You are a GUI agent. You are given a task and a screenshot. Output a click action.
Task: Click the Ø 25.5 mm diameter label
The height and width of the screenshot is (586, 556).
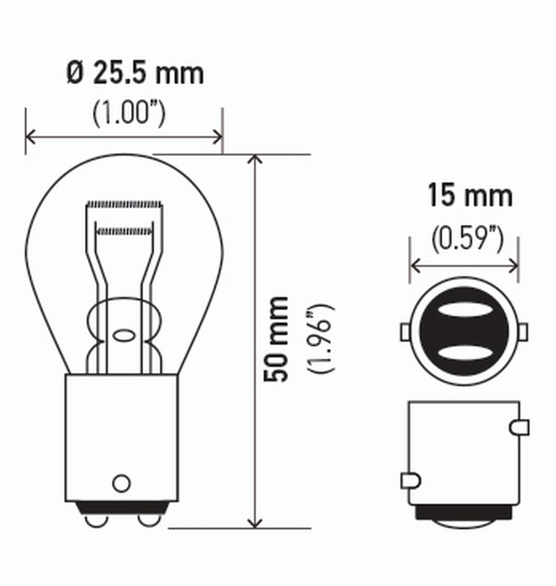(134, 73)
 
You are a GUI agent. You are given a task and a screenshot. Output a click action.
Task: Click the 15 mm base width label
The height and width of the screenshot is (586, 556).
(470, 196)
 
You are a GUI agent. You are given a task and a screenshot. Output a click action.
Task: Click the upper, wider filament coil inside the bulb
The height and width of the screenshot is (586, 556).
(123, 203)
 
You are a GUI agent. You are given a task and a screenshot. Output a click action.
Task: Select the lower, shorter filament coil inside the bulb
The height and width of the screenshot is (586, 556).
(123, 230)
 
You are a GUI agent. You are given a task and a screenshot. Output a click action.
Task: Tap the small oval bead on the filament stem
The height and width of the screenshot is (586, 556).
(123, 336)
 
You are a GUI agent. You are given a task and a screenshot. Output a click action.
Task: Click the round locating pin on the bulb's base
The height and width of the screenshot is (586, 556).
(121, 483)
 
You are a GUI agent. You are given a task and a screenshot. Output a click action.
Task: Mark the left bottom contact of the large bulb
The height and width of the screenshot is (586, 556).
(94, 519)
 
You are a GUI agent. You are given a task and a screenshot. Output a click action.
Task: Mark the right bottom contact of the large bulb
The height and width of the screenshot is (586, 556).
(149, 519)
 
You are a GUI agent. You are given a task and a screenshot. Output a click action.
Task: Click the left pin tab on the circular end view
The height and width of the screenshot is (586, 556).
(405, 333)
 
